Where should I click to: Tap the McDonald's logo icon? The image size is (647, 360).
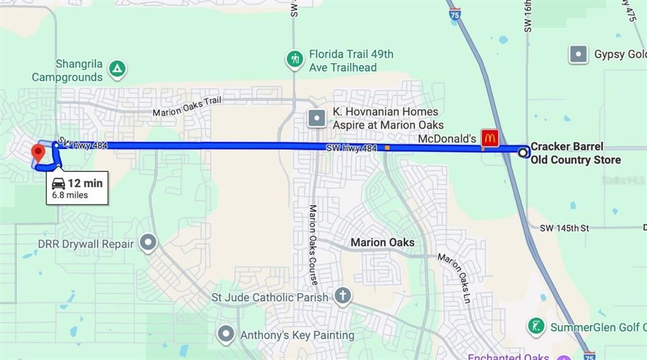[490, 138]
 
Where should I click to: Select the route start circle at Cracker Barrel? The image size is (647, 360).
[523, 152]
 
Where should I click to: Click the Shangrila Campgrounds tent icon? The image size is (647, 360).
[117, 69]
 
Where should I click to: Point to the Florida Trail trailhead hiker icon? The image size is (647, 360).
[294, 60]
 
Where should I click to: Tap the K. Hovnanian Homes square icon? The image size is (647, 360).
[317, 117]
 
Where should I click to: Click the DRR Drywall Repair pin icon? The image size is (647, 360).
[148, 243]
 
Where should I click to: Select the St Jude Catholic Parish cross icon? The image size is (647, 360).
[342, 296]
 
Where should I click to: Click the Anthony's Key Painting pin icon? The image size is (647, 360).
[226, 334]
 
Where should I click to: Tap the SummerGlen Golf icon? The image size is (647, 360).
[536, 327]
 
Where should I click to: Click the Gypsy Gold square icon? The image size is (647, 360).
[578, 54]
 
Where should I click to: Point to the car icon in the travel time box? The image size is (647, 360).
[58, 183]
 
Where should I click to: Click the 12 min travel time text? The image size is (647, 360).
[85, 183]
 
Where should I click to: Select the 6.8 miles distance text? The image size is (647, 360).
[70, 195]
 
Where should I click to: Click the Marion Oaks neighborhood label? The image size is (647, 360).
[382, 243]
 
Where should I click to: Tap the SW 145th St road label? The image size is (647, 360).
[564, 227]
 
